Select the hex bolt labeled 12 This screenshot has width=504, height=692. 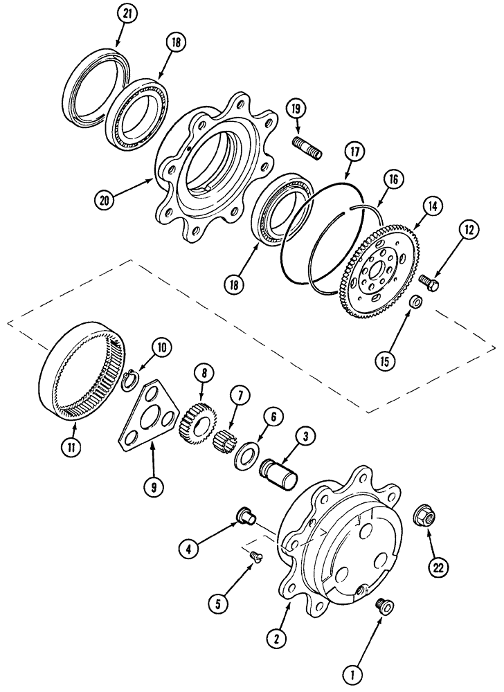click(x=426, y=282)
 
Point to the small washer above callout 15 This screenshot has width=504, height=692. click(x=415, y=302)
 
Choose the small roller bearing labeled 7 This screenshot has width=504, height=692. click(x=228, y=439)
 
